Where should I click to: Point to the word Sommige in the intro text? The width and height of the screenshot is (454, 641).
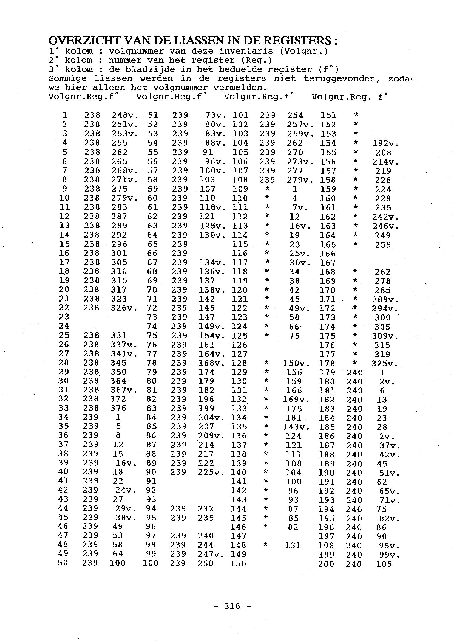(67, 79)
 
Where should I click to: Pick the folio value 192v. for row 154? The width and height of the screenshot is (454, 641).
(385, 144)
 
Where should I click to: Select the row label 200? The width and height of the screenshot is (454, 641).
(326, 564)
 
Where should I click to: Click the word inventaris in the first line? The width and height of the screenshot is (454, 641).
(246, 51)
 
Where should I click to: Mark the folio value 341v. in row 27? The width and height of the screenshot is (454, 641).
(124, 354)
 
